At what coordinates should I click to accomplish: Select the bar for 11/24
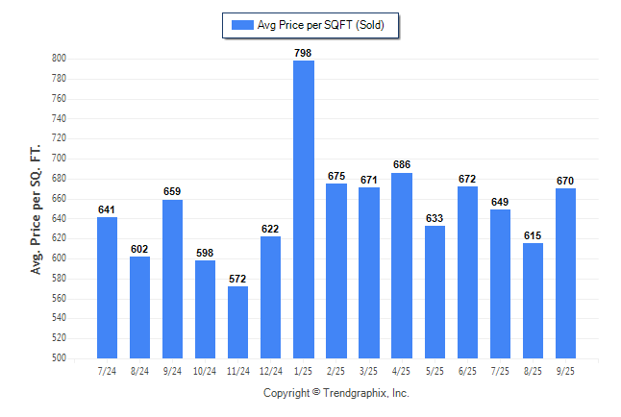(238, 322)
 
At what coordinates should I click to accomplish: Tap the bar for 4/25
(402, 265)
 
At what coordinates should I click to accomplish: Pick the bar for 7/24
(108, 287)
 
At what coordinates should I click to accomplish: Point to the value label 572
(238, 279)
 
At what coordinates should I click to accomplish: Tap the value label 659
(173, 192)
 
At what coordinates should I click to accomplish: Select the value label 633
(435, 218)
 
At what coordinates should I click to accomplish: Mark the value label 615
(533, 235)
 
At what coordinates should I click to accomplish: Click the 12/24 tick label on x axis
(271, 370)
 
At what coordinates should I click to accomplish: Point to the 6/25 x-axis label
(467, 370)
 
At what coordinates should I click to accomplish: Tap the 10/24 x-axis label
(206, 370)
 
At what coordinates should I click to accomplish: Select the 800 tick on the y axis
(59, 59)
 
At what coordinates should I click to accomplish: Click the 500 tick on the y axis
(59, 358)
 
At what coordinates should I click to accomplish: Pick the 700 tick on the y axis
(59, 159)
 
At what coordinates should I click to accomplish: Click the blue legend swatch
(241, 25)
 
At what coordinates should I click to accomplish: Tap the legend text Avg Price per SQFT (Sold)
(321, 25)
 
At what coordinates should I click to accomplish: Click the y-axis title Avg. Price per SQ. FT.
(36, 209)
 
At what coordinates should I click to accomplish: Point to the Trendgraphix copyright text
(336, 393)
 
